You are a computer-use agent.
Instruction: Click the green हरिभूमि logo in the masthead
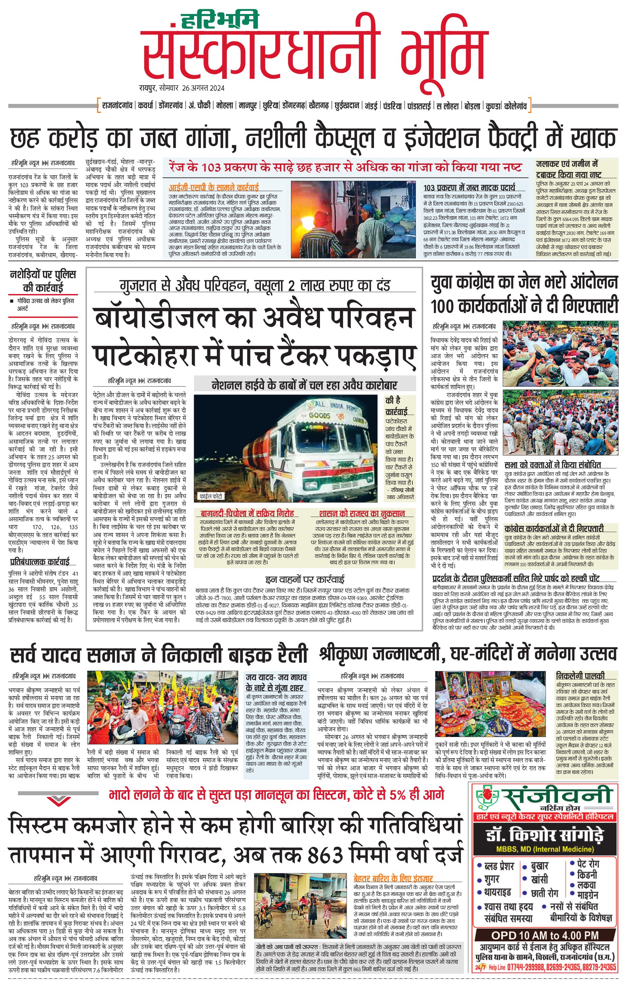220,19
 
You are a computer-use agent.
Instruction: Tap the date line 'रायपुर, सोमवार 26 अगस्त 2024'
182,88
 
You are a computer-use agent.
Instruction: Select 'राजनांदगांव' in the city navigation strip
117,106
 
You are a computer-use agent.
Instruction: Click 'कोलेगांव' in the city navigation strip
515,106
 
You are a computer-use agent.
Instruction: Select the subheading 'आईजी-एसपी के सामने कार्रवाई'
213,187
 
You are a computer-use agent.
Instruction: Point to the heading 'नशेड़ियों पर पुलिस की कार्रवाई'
42,281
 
